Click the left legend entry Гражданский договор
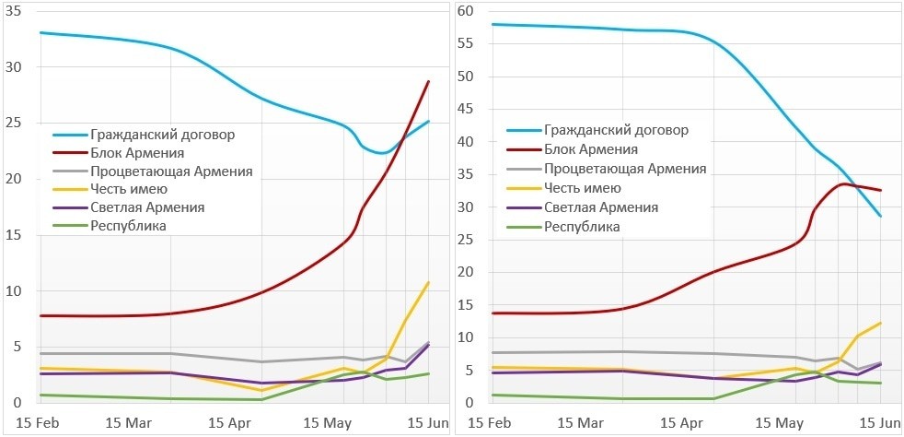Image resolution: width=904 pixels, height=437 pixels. pyautogui.click(x=163, y=135)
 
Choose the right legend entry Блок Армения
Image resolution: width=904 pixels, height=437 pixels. pyautogui.click(x=590, y=148)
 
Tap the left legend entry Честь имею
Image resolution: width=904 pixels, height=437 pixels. pyautogui.click(x=130, y=190)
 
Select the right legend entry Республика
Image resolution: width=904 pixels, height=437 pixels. pyautogui.click(x=582, y=227)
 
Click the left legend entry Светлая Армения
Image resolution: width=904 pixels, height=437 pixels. pyautogui.click(x=147, y=207)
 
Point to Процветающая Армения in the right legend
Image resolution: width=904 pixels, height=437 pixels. pyautogui.click(x=624, y=169)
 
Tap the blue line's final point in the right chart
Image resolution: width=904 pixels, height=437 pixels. pyautogui.click(x=881, y=216)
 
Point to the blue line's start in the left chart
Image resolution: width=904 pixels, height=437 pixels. pyautogui.click(x=41, y=32)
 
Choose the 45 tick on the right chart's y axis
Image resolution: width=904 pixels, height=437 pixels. pyautogui.click(x=467, y=109)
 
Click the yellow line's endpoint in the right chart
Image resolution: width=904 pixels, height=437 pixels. pyautogui.click(x=881, y=323)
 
